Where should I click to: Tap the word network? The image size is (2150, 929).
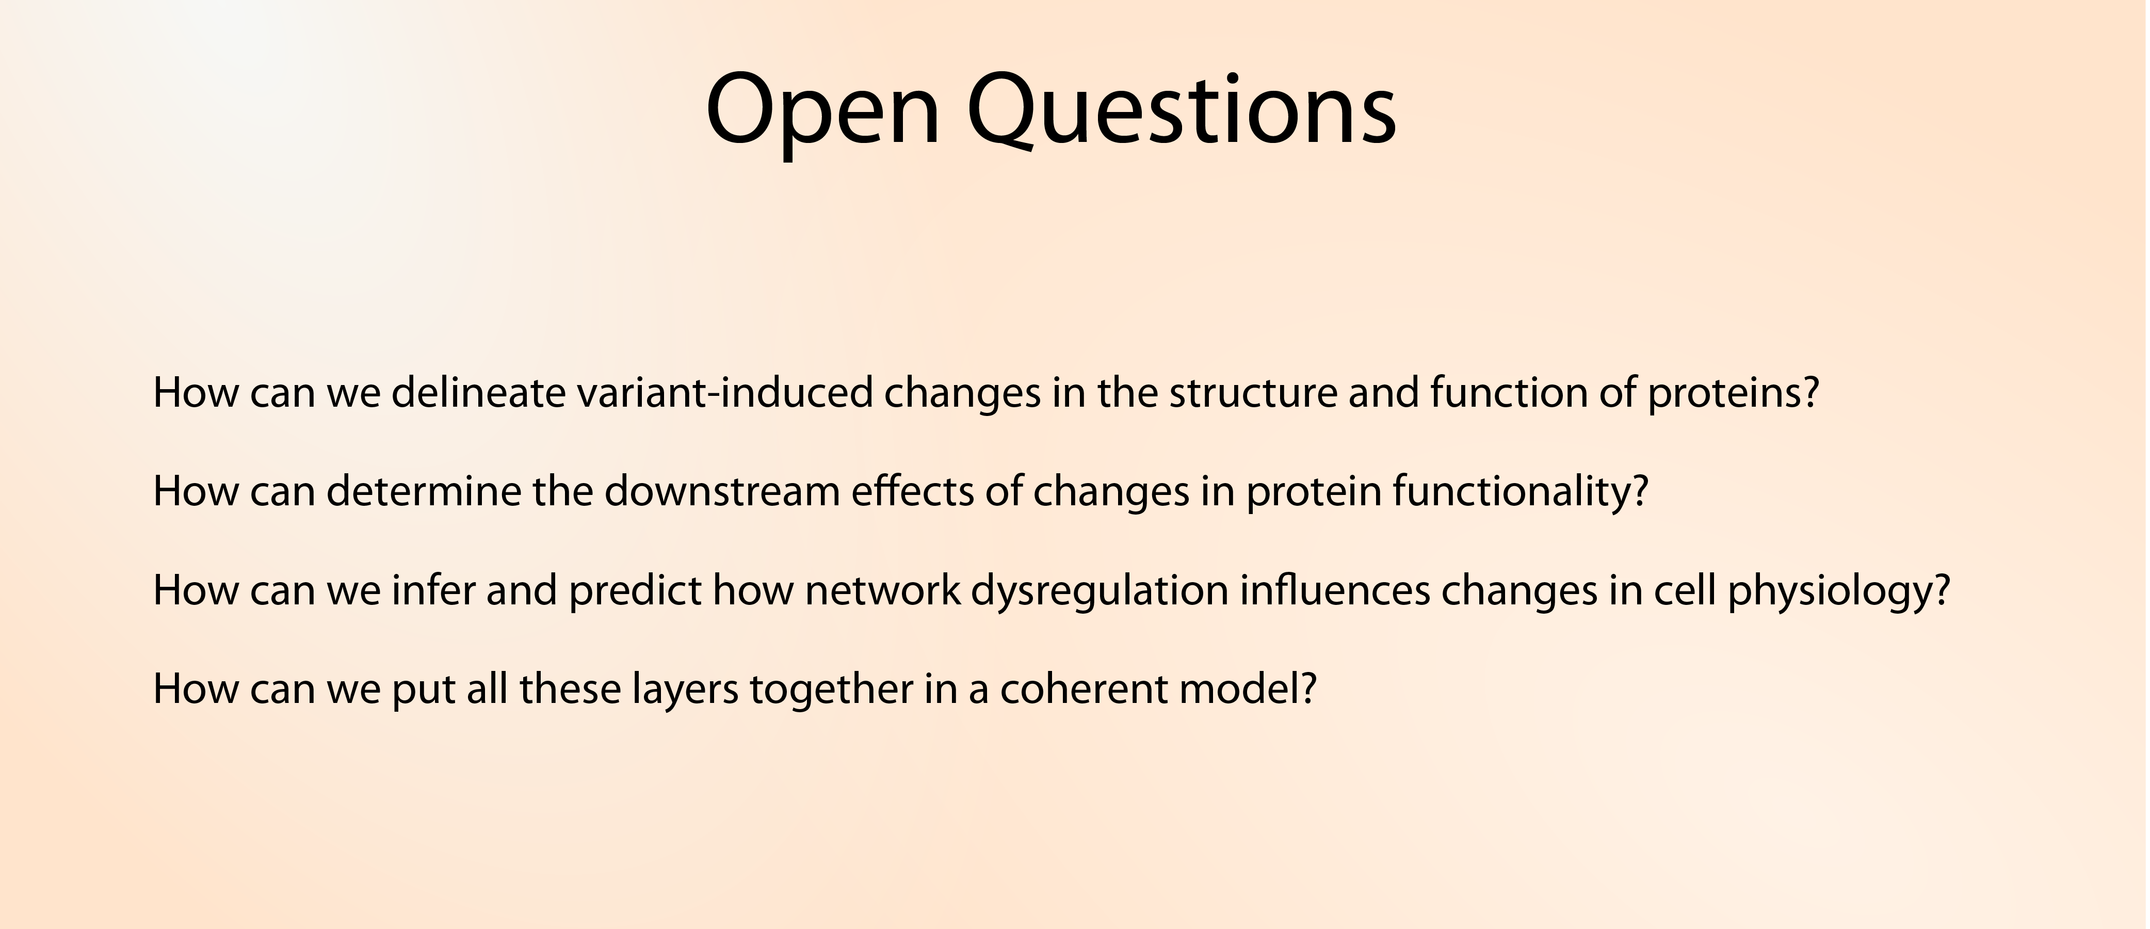[x=883, y=589]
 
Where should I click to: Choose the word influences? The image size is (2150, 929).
[x=1335, y=589]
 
